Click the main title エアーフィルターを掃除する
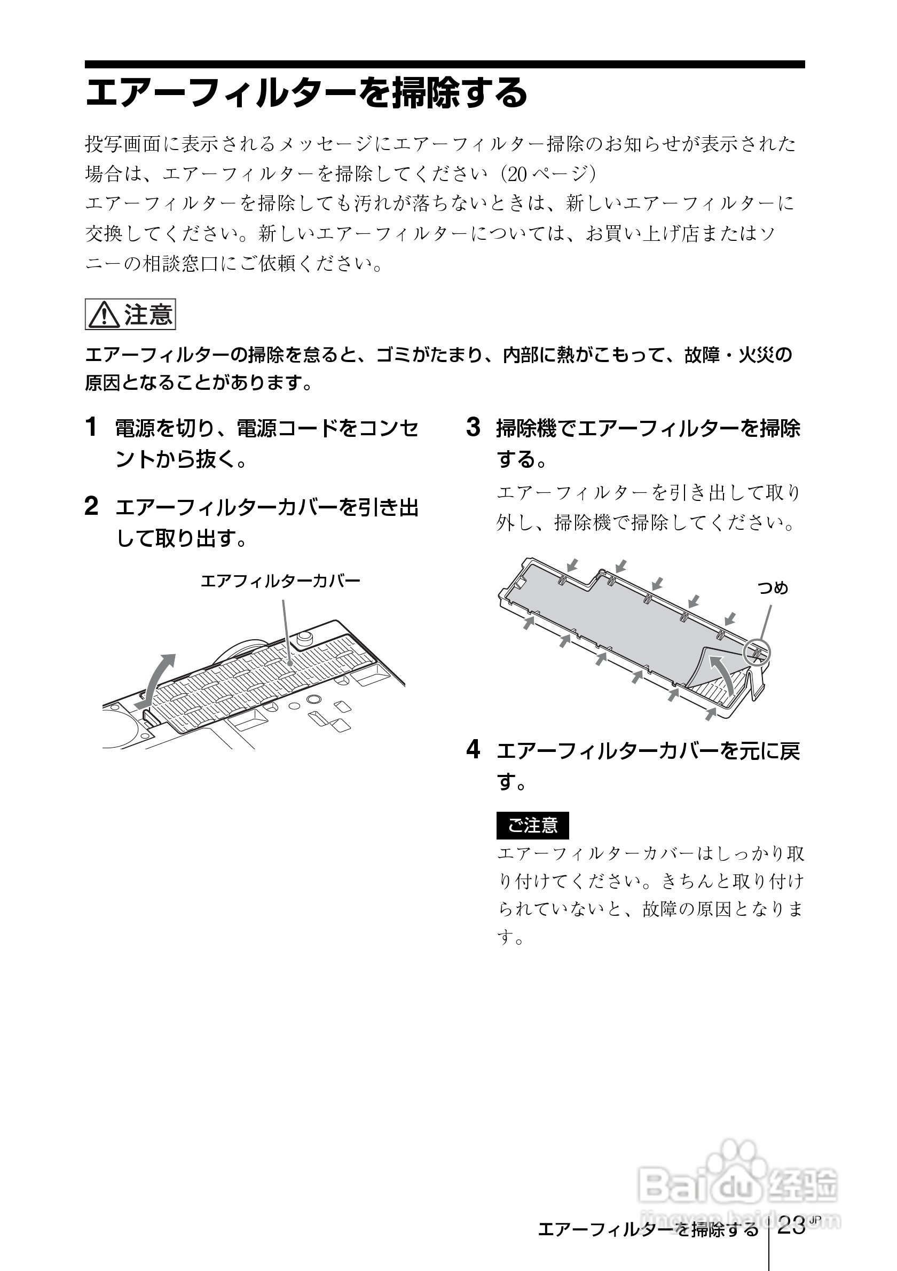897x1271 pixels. pos(306,93)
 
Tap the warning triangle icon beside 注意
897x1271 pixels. pos(104,316)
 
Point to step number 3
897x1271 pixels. pos(473,427)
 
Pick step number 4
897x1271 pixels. pos(473,750)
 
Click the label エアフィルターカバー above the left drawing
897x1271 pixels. pos(280,580)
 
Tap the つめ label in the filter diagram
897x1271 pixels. pos(773,588)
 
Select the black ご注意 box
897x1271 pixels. pos(532,826)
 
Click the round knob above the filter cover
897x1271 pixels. pos(304,637)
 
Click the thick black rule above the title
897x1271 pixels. pos(444,64)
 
